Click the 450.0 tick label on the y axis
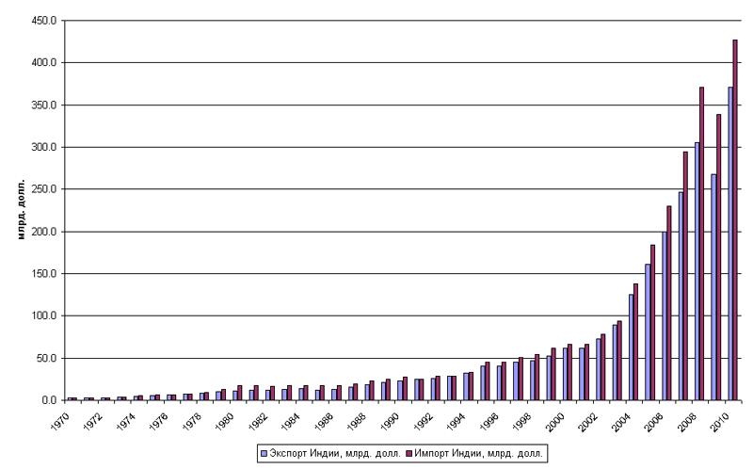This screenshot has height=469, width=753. [44, 20]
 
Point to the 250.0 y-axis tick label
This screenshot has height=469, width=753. [44, 189]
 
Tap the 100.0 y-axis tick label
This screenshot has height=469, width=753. [44, 315]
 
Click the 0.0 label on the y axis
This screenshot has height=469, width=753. [49, 400]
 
